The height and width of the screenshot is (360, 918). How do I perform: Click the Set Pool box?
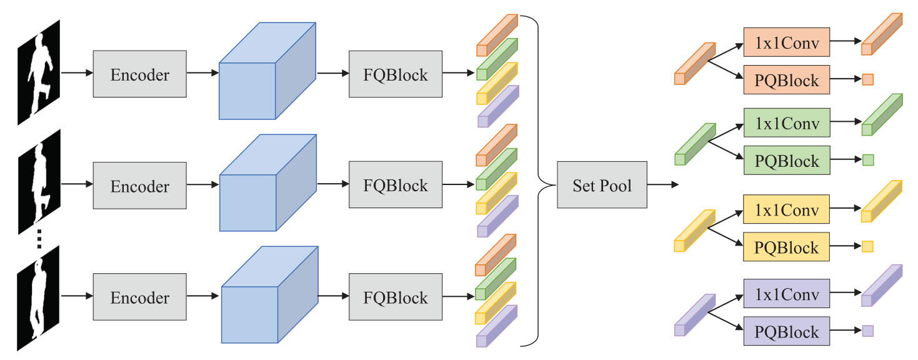(x=602, y=185)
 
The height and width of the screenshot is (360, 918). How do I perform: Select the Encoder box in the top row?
(x=139, y=74)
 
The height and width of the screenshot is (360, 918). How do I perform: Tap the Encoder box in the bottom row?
(x=139, y=297)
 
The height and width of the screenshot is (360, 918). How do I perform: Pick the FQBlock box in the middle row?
(x=396, y=185)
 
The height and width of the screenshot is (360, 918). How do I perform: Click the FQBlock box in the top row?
(x=396, y=74)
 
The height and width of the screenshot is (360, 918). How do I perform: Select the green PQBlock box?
(x=786, y=161)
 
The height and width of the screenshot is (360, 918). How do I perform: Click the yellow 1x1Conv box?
(x=786, y=209)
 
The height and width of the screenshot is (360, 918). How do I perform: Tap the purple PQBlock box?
(x=786, y=331)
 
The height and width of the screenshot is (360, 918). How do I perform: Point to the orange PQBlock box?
(x=786, y=80)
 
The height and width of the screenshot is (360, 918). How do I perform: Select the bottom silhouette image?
(x=39, y=297)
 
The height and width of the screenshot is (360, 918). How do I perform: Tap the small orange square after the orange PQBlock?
(x=867, y=79)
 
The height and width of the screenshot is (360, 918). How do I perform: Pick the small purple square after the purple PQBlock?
(x=867, y=331)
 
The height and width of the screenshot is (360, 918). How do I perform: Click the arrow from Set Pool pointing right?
(x=662, y=185)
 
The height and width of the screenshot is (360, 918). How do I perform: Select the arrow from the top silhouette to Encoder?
(x=76, y=73)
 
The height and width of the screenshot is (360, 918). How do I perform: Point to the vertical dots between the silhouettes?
(x=39, y=238)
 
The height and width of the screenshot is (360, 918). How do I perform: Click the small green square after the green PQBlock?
(x=867, y=160)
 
